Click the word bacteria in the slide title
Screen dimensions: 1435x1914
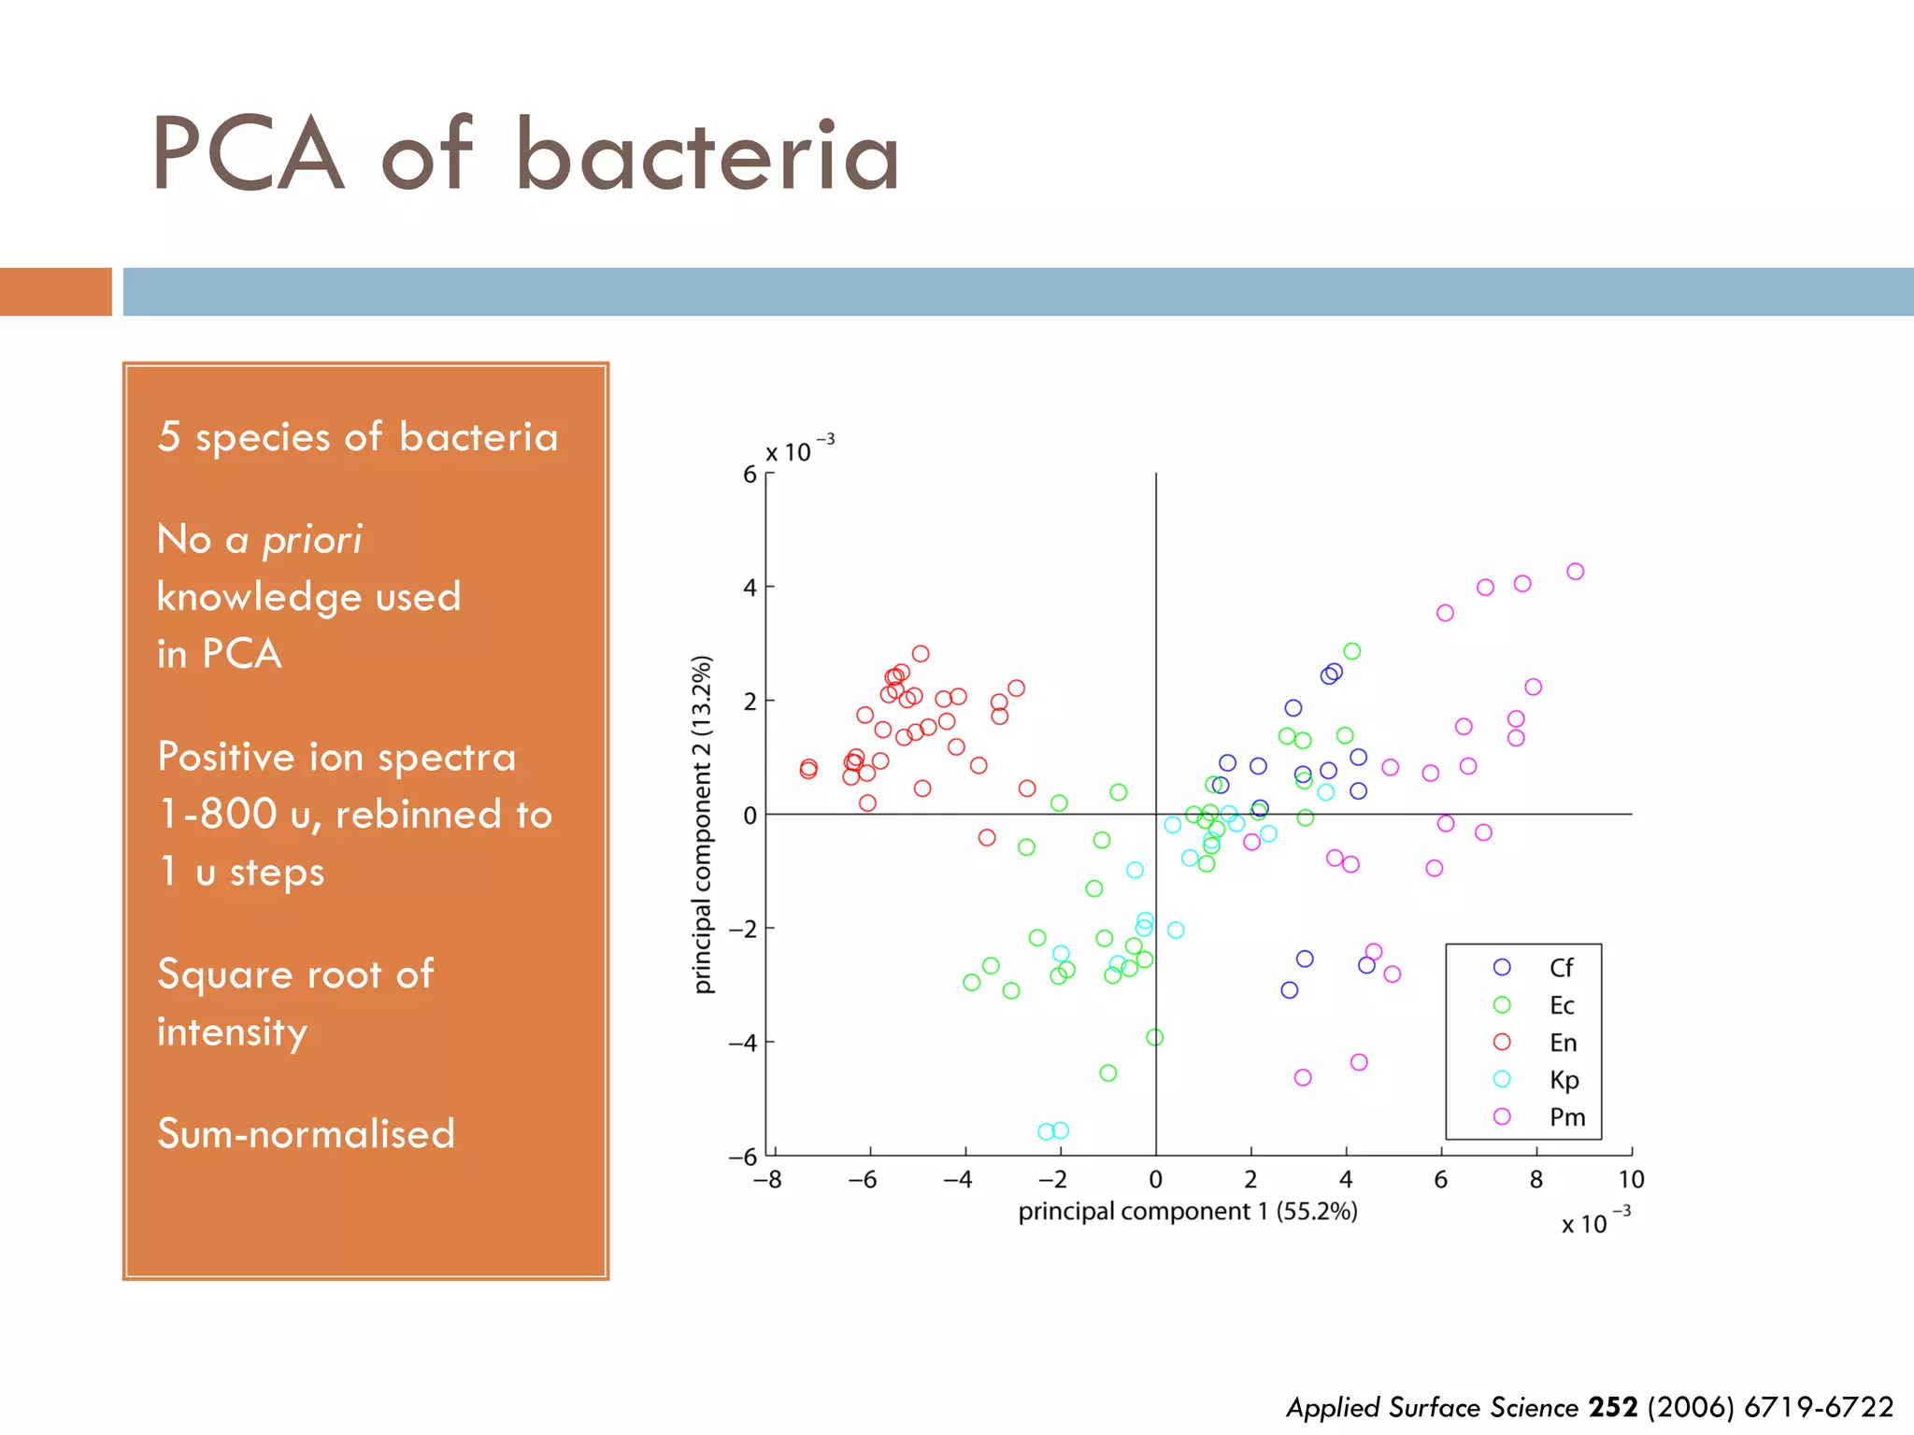707,156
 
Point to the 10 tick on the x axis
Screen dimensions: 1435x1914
1631,1180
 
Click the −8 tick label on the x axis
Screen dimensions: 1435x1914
767,1180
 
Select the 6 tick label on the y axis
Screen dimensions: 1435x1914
750,475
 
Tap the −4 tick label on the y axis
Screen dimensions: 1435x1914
743,1043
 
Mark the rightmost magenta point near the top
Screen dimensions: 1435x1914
1576,572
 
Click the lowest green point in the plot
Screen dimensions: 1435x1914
1108,1073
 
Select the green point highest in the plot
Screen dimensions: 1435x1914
1352,651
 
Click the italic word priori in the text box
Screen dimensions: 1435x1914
311,540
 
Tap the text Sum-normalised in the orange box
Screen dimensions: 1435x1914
306,1133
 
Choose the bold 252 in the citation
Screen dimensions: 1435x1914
1613,1407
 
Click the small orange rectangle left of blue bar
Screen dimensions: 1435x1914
55,291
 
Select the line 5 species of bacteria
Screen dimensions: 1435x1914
357,437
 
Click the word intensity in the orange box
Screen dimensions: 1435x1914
232,1032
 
